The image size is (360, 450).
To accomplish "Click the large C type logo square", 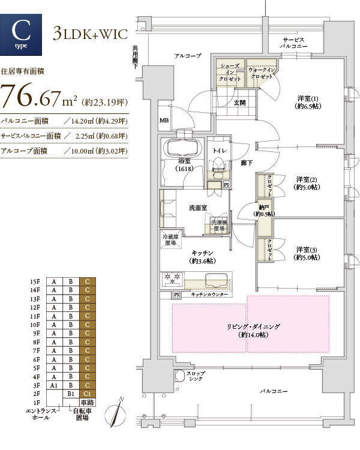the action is (21, 35).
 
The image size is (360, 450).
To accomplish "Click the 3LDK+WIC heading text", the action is (90, 34).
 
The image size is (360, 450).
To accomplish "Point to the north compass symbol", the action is (115, 412).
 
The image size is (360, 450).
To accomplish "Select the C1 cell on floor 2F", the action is (87, 394).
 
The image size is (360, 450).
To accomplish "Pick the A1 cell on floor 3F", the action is (54, 385).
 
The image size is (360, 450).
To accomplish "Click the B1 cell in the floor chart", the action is (71, 394).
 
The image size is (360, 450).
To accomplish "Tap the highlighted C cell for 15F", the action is (87, 281).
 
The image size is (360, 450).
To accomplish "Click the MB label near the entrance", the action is (164, 121).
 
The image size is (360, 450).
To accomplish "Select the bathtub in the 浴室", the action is (181, 148).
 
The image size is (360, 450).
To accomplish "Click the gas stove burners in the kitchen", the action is (172, 278).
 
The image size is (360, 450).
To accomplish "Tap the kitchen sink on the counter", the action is (217, 280).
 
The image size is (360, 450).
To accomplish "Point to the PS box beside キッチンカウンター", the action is (176, 295).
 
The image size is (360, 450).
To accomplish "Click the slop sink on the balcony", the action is (180, 376).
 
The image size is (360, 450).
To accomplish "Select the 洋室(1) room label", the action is (308, 103).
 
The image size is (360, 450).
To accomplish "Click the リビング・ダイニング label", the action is (253, 331).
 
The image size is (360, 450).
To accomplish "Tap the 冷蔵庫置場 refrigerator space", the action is (170, 239).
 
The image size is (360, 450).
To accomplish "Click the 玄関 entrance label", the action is (239, 103).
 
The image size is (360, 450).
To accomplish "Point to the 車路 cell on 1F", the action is (87, 403).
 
